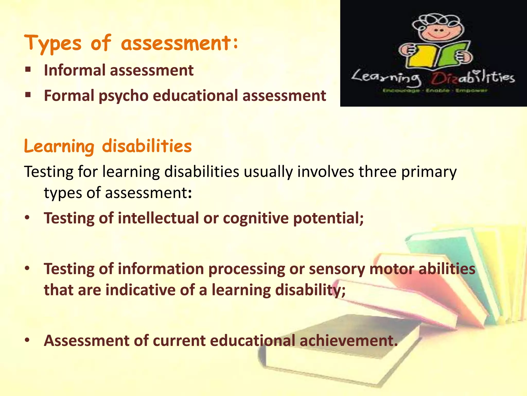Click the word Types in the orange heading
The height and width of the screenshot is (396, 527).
pos(53,43)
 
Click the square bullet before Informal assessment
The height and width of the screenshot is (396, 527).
pos(28,69)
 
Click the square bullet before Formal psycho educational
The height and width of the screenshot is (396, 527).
pos(28,95)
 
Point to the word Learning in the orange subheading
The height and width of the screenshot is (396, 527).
pos(59,146)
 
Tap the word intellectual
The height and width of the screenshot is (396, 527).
pos(158,218)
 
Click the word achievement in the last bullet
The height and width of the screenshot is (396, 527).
pos(348,341)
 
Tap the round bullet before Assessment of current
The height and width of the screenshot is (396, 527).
pos(27,340)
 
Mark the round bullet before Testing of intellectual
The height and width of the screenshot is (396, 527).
pos(27,218)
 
